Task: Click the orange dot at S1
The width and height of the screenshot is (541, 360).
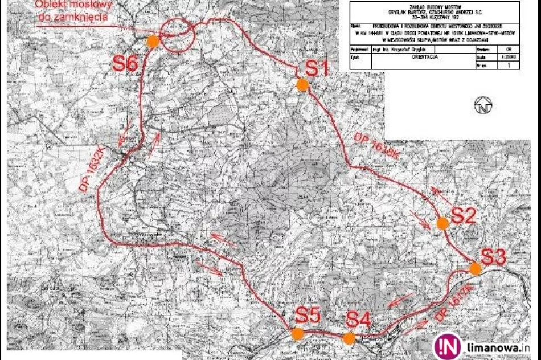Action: point(302,84)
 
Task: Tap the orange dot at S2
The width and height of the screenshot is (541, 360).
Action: point(442,223)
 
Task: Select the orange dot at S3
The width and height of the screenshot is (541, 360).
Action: point(476,268)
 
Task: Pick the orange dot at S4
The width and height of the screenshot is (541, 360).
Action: point(349,338)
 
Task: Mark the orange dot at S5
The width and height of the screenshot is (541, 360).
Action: point(297,334)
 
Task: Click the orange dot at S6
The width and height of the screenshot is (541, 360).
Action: point(153,41)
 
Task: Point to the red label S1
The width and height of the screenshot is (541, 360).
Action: point(317,69)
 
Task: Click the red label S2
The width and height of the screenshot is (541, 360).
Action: point(463,215)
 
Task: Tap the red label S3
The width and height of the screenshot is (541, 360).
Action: point(493,256)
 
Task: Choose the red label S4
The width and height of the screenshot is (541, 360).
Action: point(359,320)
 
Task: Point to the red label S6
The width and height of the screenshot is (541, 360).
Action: point(125,63)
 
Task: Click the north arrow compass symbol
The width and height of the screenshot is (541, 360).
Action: point(483,105)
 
